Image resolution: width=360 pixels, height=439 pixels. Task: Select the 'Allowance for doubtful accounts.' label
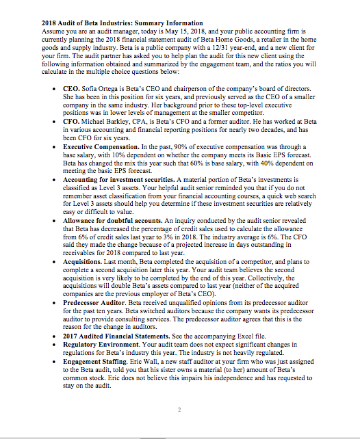click(x=114, y=222)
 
